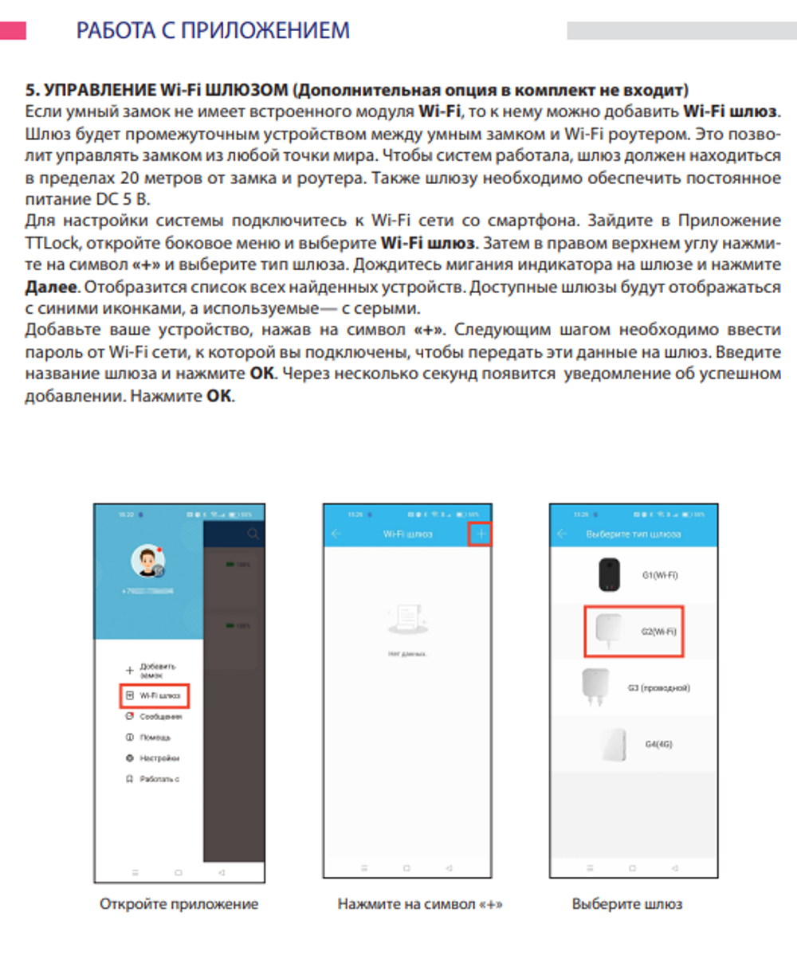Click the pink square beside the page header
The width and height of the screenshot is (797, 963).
click(x=13, y=30)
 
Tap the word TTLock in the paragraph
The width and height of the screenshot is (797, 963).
click(x=53, y=242)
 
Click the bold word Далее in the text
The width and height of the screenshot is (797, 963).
click(x=51, y=287)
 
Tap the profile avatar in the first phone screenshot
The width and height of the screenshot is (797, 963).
click(x=147, y=562)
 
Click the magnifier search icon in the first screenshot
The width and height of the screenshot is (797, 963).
click(x=253, y=534)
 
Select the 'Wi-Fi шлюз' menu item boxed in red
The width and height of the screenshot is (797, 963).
click(x=155, y=695)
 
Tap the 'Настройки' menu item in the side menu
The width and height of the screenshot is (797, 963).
click(x=159, y=758)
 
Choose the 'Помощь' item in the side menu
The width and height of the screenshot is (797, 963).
click(x=155, y=738)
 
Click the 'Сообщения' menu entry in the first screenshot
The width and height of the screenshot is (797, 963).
click(x=159, y=717)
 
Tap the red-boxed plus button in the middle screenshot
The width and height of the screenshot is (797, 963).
click(x=480, y=534)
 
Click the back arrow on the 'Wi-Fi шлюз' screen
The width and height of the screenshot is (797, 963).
click(x=336, y=534)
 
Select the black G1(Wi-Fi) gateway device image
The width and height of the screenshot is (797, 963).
click(x=610, y=574)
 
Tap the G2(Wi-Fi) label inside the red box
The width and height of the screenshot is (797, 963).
click(x=658, y=632)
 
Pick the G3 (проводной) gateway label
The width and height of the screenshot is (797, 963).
click(x=658, y=687)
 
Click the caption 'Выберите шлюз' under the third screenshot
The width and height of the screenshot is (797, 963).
click(x=626, y=904)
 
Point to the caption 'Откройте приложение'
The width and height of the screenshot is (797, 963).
click(x=179, y=904)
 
